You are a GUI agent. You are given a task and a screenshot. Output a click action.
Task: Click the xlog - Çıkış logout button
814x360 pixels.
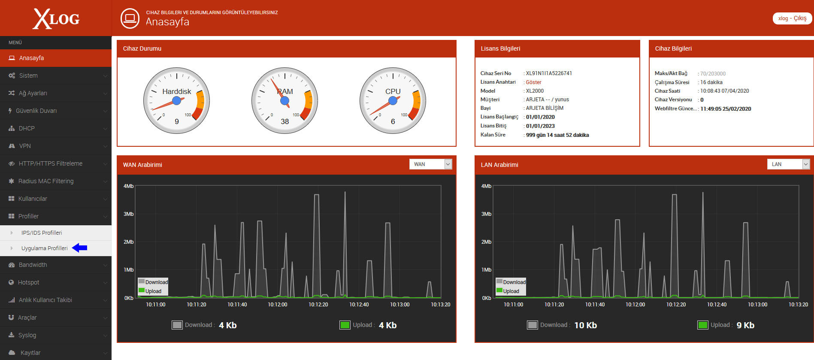click(x=792, y=18)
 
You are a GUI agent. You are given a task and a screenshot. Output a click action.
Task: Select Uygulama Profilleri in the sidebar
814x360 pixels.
click(x=45, y=248)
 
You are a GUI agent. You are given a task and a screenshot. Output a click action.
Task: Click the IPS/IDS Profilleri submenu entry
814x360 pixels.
click(x=42, y=233)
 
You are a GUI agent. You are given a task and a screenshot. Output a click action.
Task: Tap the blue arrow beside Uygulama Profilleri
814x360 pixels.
click(x=79, y=248)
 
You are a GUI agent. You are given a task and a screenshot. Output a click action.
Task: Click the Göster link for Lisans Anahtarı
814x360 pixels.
click(x=533, y=82)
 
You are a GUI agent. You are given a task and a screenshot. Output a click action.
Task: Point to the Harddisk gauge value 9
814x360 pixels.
click(x=177, y=121)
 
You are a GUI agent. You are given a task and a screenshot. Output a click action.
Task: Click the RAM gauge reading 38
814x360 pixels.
click(x=285, y=121)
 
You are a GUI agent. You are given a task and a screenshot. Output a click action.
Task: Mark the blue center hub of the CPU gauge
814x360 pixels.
click(x=393, y=101)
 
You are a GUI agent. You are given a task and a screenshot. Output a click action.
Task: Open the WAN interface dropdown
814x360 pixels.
click(x=430, y=164)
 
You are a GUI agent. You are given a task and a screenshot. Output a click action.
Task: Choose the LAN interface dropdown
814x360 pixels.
click(x=788, y=164)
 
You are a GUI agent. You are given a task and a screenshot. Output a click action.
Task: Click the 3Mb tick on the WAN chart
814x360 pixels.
click(x=129, y=214)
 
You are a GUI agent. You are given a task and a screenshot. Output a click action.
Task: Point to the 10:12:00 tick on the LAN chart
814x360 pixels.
click(x=635, y=304)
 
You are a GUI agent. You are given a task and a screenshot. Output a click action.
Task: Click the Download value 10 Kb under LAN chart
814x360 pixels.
click(x=586, y=325)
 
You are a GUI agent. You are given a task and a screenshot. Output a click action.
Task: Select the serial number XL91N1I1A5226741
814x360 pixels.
click(x=549, y=73)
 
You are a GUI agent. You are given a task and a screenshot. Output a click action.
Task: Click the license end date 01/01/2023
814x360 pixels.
click(x=540, y=126)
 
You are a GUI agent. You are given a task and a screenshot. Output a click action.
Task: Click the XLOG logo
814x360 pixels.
click(x=56, y=19)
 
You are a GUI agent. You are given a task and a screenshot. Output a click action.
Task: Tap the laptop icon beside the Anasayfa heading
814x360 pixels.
click(x=130, y=18)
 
